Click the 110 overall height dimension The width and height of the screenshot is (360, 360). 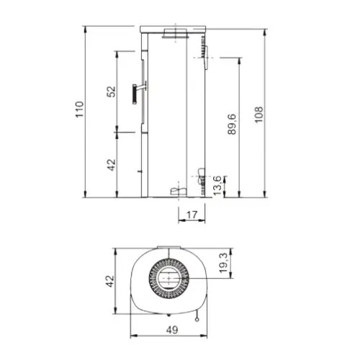click(x=80, y=109)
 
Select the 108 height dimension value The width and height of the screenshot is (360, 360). click(x=258, y=114)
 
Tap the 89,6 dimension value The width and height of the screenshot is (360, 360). click(x=232, y=124)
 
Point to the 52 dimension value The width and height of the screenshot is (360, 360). click(x=111, y=91)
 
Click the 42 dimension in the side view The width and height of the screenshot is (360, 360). click(x=111, y=165)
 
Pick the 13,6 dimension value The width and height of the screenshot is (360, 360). click(x=217, y=186)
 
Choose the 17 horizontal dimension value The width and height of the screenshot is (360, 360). click(x=192, y=215)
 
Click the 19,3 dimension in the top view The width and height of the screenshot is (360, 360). click(x=223, y=264)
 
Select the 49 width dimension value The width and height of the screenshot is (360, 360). click(x=172, y=330)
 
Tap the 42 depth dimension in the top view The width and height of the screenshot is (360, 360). click(x=110, y=282)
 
